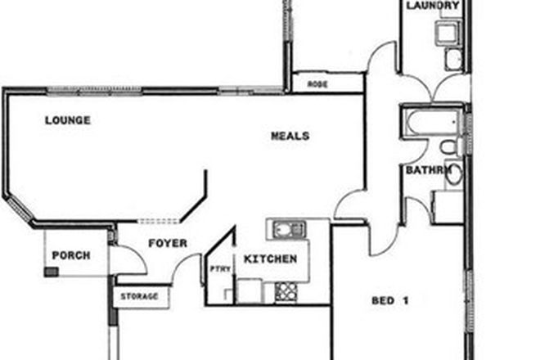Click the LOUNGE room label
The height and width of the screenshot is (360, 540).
pyautogui.click(x=67, y=120)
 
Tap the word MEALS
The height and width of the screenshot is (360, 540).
pyautogui.click(x=290, y=136)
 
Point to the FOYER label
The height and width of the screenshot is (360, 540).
pyautogui.click(x=167, y=243)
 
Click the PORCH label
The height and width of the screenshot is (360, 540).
pyautogui.click(x=71, y=255)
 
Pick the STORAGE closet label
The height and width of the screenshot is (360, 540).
pyautogui.click(x=139, y=296)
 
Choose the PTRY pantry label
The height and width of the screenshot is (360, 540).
pyautogui.click(x=220, y=268)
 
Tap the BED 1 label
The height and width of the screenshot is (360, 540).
pyautogui.click(x=389, y=300)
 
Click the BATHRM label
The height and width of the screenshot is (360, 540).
pyautogui.click(x=428, y=170)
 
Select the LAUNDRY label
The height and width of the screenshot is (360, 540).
pyautogui.click(x=433, y=5)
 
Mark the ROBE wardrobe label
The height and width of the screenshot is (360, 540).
pyautogui.click(x=317, y=84)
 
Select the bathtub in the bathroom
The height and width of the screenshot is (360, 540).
pyautogui.click(x=432, y=124)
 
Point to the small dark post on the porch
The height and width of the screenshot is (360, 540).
pyautogui.click(x=51, y=270)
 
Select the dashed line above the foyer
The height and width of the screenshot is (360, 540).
pyautogui.click(x=157, y=221)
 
